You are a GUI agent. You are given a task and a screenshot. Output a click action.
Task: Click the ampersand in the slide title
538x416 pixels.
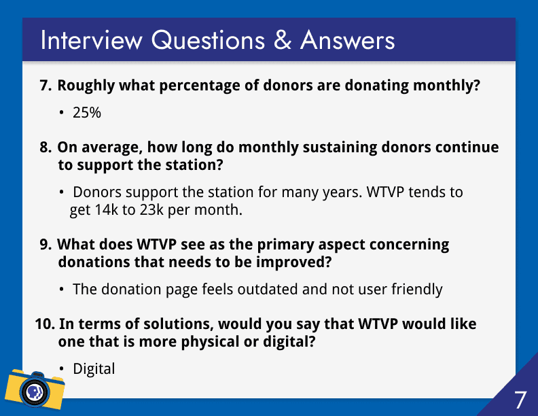tap(283, 40)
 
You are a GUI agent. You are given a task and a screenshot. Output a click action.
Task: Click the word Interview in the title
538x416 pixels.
tap(91, 40)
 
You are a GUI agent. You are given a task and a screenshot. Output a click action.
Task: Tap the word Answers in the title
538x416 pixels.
tap(348, 40)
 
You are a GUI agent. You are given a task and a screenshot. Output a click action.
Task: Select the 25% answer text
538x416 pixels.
tap(87, 113)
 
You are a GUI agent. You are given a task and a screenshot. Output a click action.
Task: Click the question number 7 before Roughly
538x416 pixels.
tap(46, 86)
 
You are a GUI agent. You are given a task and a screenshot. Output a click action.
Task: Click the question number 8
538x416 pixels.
tap(46, 148)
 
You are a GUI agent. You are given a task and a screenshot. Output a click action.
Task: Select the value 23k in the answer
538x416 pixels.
tap(151, 210)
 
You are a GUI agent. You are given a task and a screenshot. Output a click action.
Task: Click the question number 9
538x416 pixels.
tap(46, 245)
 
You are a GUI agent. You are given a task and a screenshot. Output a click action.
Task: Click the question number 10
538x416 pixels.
tap(45, 324)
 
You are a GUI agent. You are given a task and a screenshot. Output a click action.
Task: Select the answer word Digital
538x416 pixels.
tap(94, 369)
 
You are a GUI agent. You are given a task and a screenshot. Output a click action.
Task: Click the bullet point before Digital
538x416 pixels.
tap(61, 369)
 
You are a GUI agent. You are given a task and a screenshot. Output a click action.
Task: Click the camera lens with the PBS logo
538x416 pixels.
tap(35, 391)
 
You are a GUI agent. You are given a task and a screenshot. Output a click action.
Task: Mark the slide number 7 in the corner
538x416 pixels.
tap(520, 400)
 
